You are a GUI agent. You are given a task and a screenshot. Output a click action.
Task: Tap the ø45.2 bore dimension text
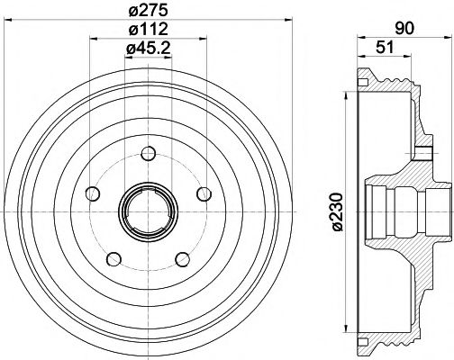(148, 49)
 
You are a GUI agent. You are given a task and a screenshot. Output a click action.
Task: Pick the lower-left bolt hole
(113, 259)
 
